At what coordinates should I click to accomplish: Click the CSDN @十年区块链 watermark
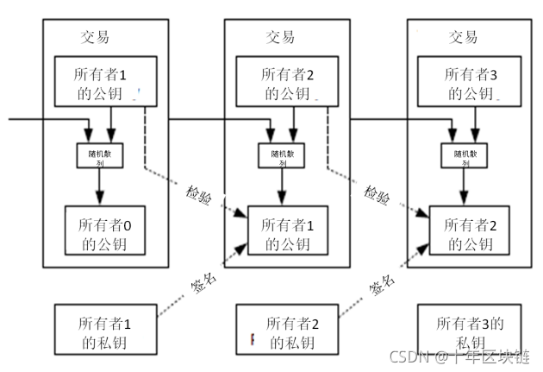(459, 356)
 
